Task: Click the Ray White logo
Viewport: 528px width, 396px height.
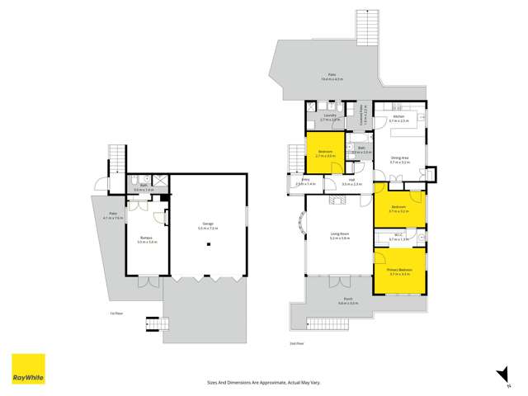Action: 28,369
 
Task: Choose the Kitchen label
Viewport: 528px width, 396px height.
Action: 398,119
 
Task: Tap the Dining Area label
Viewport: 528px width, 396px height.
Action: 399,160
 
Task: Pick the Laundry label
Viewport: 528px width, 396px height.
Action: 329,116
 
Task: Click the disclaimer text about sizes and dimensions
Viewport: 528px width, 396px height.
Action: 259,382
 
